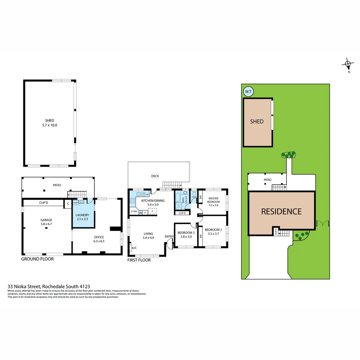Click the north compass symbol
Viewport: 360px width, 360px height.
[x=348, y=64]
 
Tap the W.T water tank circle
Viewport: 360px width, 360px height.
[x=248, y=91]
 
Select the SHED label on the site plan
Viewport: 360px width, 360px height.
[x=257, y=122]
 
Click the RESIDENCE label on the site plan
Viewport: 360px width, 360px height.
[x=281, y=211]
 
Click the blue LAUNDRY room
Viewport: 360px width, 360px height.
[x=83, y=217]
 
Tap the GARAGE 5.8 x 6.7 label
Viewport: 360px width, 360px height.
[x=46, y=222]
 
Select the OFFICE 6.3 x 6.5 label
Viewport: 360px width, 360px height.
[x=99, y=239]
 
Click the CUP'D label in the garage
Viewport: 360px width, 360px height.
[x=44, y=202]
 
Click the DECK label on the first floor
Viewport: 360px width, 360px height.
[x=155, y=176]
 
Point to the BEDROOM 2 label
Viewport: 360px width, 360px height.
[x=213, y=232]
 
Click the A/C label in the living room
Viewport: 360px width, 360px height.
[x=135, y=248]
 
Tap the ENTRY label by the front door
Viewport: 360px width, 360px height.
[x=169, y=237]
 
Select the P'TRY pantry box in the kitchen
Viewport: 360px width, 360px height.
[x=134, y=212]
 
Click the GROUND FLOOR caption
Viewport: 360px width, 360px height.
[x=37, y=259]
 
